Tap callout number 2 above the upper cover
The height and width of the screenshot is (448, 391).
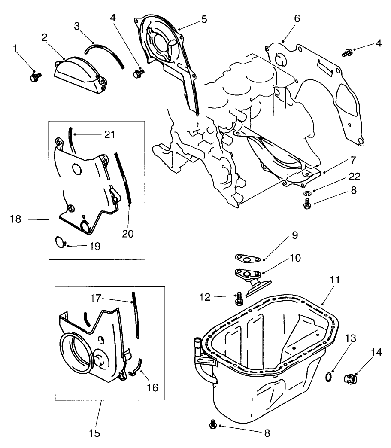tap(44, 37)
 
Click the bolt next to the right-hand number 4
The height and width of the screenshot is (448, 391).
tap(346, 53)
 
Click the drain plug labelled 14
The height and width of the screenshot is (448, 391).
tap(352, 378)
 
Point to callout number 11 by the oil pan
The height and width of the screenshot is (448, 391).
tap(335, 280)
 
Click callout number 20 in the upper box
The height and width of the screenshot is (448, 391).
tap(127, 234)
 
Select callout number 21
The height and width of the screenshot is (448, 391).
tap(110, 134)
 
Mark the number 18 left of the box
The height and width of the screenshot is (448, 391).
tap(15, 219)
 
